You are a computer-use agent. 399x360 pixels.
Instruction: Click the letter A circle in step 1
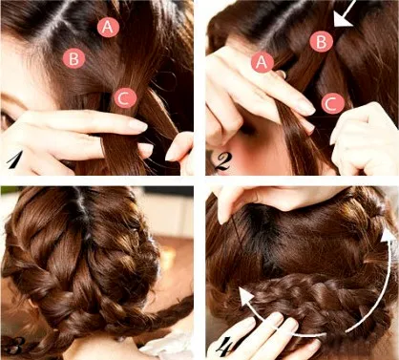click(x=108, y=28)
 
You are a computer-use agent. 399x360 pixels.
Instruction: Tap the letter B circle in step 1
click(x=73, y=58)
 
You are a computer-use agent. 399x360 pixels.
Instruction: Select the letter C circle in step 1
click(x=125, y=97)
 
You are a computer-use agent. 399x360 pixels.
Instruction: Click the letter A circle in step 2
click(x=262, y=62)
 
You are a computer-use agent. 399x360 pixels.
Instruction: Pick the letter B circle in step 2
click(x=322, y=41)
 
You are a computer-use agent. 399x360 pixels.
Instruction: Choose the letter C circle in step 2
click(x=333, y=102)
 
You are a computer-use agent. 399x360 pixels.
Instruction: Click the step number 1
click(x=13, y=159)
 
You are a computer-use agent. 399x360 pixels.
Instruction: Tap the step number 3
click(x=14, y=347)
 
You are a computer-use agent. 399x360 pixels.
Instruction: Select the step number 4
click(x=224, y=347)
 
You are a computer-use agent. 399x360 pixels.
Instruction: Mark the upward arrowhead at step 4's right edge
click(x=388, y=235)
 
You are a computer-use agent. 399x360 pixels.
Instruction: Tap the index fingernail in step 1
click(x=137, y=125)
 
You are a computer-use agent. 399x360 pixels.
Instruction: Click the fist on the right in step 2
click(x=366, y=141)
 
